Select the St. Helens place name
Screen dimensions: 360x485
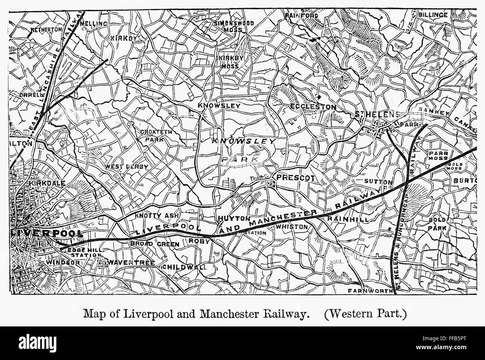pyautogui.click(x=377, y=114)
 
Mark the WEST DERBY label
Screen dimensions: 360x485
pyautogui.click(x=126, y=167)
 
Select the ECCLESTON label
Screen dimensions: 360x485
pyautogui.click(x=313, y=107)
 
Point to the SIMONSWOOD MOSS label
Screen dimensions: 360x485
pyautogui.click(x=234, y=26)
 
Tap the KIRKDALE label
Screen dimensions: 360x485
pyautogui.click(x=47, y=183)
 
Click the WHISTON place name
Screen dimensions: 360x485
pyautogui.click(x=292, y=226)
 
